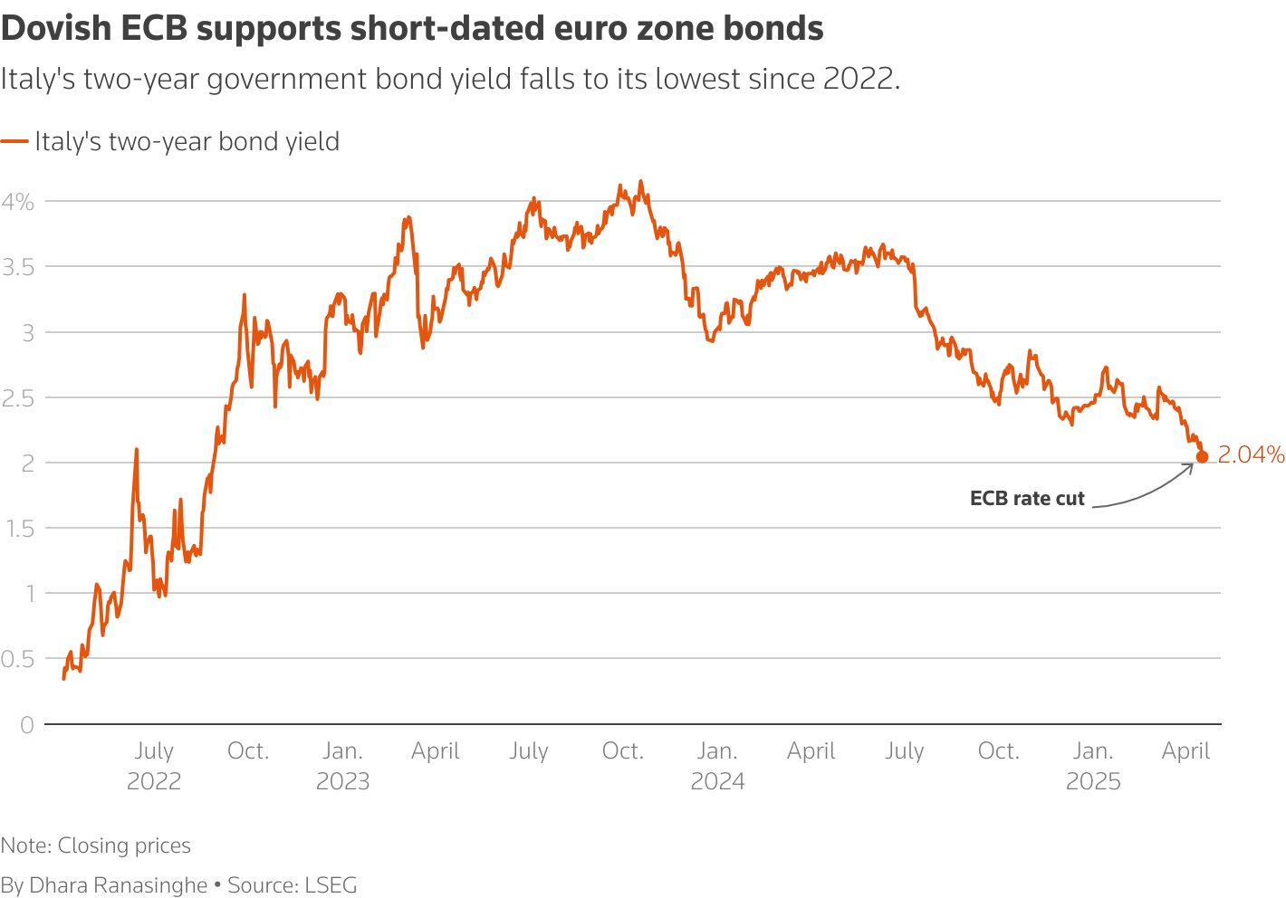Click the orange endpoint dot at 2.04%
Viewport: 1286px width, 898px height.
1202,456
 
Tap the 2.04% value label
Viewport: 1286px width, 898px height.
1251,454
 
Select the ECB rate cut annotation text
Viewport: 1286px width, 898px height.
1027,499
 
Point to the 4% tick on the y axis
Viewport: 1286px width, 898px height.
18,202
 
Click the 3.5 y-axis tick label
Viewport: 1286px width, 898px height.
18,267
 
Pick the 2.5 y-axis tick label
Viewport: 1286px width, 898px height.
18,398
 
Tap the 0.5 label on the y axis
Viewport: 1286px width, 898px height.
18,659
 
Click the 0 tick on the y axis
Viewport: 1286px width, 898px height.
26,724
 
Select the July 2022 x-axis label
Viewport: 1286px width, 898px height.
154,766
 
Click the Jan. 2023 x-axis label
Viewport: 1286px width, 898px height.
342,766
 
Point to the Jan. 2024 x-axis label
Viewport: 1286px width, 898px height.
717,766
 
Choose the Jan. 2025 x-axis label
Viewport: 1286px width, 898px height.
1093,766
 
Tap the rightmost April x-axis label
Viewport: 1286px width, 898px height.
1185,751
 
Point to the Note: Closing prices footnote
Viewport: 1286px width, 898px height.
96,845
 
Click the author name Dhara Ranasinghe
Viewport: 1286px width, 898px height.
119,884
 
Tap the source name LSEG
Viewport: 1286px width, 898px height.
331,884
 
